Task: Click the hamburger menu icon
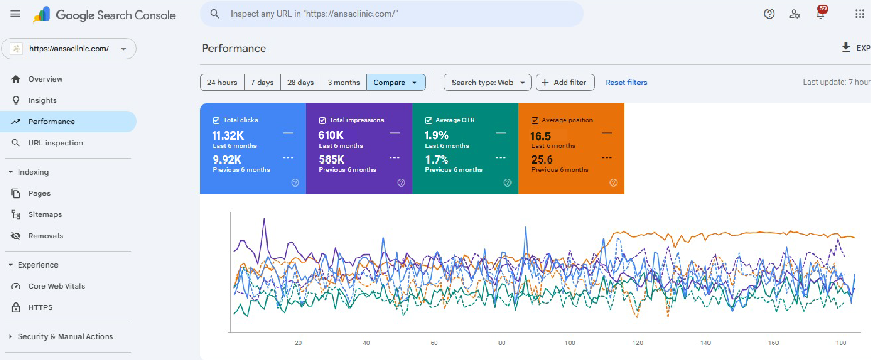coord(16,14)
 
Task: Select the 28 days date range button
coord(300,83)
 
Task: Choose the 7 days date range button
coord(262,83)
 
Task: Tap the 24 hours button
coord(222,83)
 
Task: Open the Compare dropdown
coord(396,83)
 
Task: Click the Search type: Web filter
coord(487,83)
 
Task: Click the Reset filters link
coord(626,83)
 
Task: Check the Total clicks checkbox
coord(216,121)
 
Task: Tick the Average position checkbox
coord(535,121)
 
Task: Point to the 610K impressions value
coord(331,135)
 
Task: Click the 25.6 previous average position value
coord(542,159)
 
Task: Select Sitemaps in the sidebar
coord(45,215)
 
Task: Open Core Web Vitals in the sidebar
coord(56,286)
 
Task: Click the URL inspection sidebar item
coord(55,143)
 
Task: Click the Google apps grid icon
coord(860,14)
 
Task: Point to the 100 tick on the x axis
coord(570,343)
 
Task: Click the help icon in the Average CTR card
coord(507,183)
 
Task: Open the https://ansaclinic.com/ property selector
coord(69,49)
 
